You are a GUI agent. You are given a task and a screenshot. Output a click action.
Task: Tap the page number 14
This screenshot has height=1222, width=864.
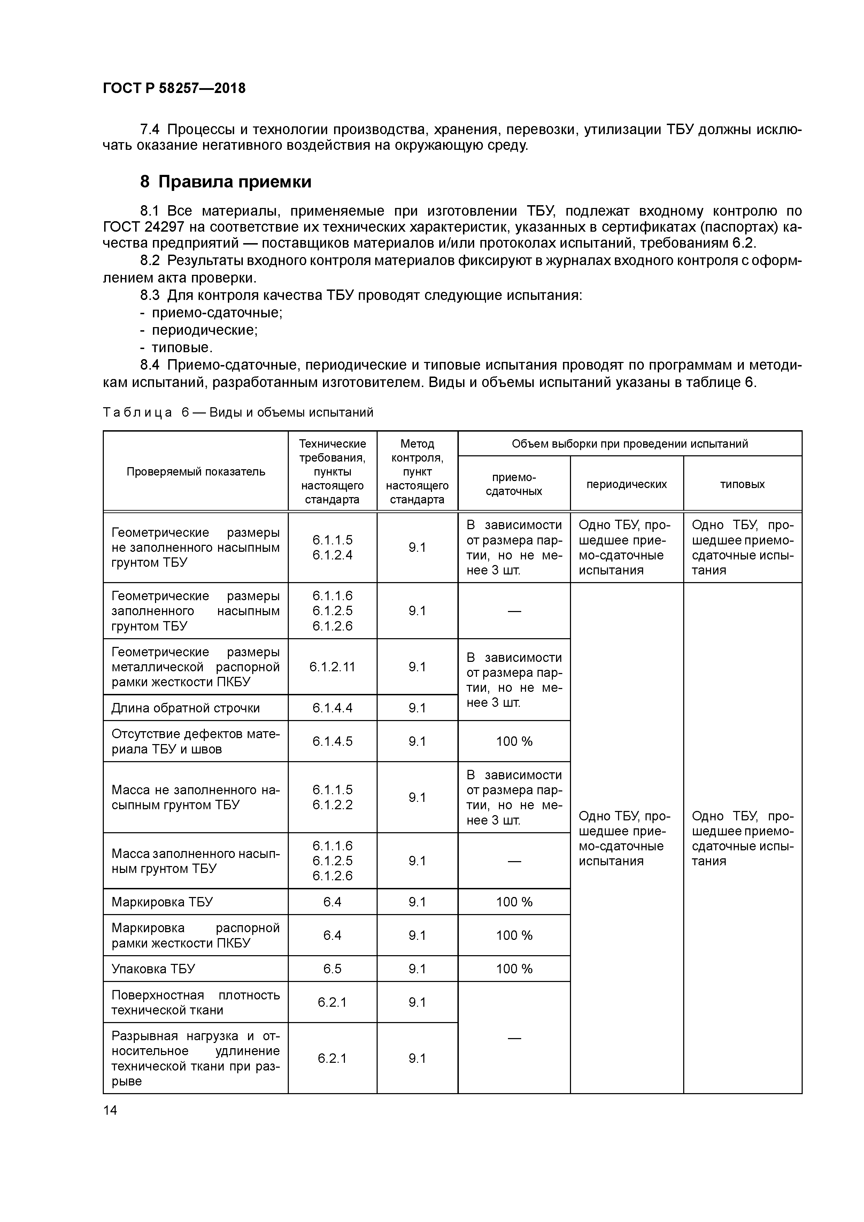tap(110, 1110)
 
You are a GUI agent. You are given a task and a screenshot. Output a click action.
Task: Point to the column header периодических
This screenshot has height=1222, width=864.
tap(626, 484)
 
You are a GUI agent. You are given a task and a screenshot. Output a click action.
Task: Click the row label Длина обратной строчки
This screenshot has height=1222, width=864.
tap(185, 708)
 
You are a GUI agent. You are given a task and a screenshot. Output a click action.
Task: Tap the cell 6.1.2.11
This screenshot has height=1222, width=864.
tap(332, 667)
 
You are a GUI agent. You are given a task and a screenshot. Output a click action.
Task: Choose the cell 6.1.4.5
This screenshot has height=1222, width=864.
tap(332, 741)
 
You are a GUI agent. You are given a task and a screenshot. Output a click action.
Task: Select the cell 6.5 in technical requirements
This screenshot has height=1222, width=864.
tap(332, 969)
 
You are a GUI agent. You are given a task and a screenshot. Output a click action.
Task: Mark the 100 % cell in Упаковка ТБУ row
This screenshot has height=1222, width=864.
tap(514, 969)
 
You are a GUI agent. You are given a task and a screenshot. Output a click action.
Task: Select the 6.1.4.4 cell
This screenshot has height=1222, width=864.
tap(332, 708)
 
